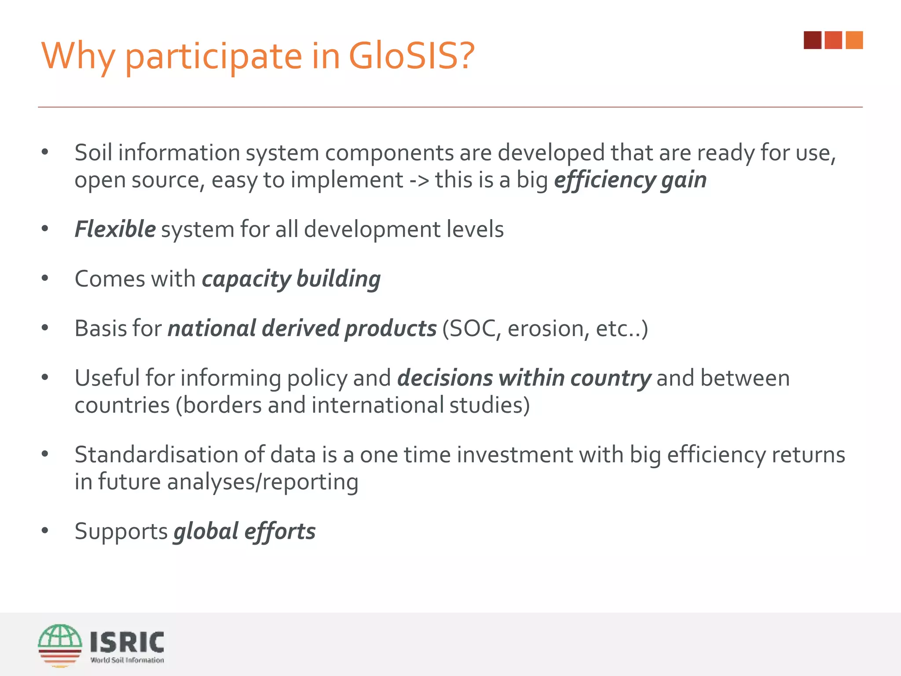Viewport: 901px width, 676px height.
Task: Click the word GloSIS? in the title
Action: click(411, 56)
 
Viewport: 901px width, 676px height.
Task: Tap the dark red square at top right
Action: click(812, 40)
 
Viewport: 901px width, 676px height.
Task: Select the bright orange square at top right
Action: click(854, 40)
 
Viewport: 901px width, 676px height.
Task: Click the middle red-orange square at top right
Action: click(833, 40)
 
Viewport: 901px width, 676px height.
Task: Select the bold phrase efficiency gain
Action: click(630, 180)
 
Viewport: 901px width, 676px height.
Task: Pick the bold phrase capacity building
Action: click(291, 279)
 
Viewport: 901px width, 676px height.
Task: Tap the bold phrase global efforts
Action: click(245, 531)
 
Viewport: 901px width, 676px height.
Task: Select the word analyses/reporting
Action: click(263, 482)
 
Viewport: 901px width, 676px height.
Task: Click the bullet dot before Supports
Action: click(45, 531)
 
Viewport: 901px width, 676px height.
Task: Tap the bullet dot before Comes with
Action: click(45, 279)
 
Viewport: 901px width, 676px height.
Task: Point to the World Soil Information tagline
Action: click(127, 660)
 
